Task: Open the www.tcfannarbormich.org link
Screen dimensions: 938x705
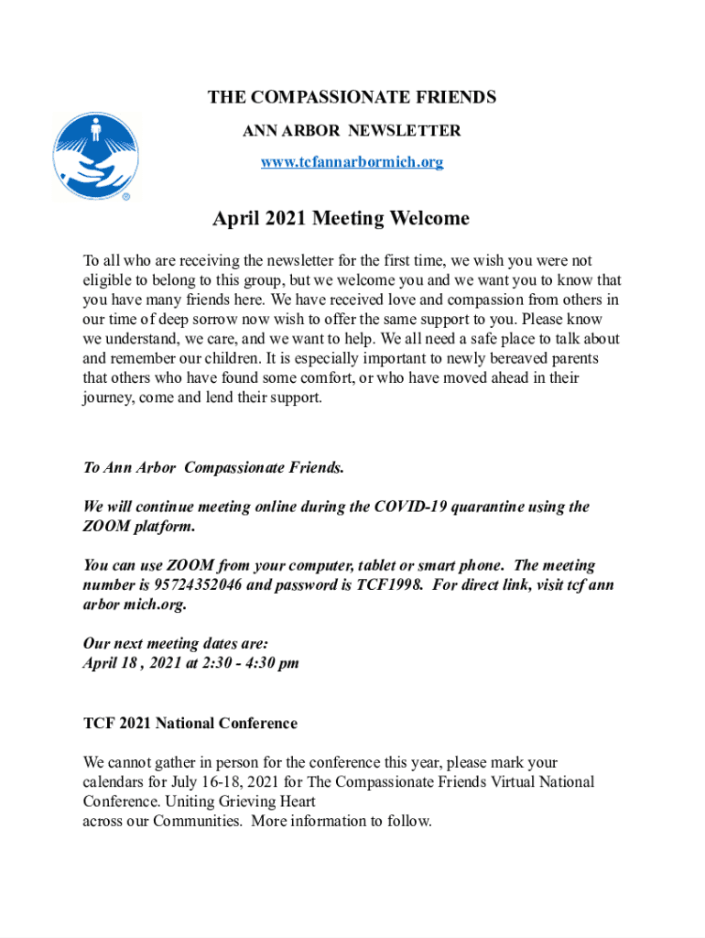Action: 352,162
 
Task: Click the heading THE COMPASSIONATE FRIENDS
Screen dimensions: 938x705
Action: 352,97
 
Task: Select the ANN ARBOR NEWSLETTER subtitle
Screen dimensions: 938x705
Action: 352,131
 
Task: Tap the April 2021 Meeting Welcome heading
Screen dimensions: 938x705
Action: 341,219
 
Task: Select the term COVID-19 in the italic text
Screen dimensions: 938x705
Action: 410,507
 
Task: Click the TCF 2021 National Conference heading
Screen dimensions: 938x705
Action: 190,723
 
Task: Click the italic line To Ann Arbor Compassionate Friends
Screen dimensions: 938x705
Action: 214,467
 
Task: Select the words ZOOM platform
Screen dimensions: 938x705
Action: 138,527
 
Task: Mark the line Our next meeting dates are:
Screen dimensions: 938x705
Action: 175,644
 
